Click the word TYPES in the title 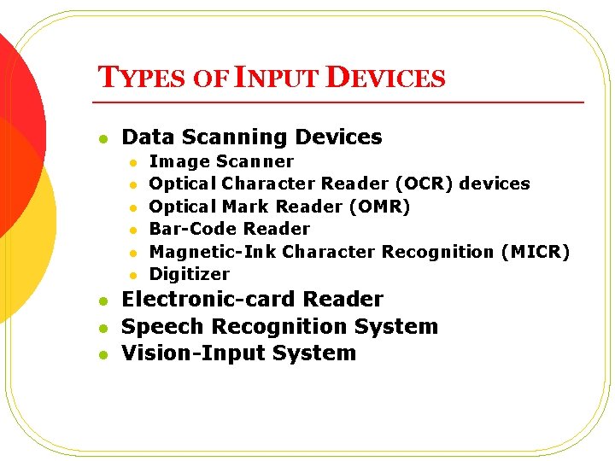141,79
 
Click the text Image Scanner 221,161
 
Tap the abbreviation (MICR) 535,252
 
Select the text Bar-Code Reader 229,229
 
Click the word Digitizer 189,274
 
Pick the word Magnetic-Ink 213,252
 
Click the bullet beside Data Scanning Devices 102,138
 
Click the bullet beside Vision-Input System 102,354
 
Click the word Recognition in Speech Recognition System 270,327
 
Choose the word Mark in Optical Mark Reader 249,207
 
